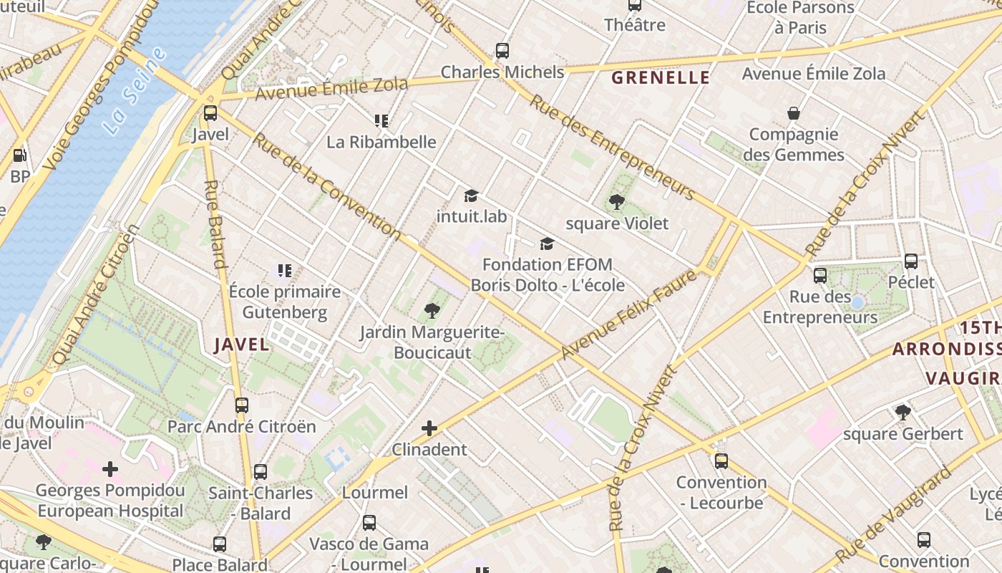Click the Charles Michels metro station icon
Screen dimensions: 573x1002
pos(502,51)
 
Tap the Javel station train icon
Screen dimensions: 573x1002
pos(210,113)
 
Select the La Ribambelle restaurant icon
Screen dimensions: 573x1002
pos(381,121)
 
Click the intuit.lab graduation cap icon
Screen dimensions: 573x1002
pos(471,196)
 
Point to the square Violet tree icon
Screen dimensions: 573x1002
pos(616,202)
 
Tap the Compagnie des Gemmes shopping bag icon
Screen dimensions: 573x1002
pos(794,113)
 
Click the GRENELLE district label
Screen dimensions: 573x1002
pos(661,78)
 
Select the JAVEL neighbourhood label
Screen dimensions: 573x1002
pos(242,345)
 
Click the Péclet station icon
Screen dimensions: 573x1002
pos(911,261)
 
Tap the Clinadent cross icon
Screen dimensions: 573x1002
pos(429,429)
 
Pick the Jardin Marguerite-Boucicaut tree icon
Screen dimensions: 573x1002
pos(432,311)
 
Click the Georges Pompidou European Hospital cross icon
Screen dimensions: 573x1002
pos(110,469)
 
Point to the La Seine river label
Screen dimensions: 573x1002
pos(135,91)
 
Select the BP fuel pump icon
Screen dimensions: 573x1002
pos(20,155)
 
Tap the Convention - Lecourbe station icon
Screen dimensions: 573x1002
pos(721,461)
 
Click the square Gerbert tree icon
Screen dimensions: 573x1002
pos(903,413)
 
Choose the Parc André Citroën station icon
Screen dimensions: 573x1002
pos(242,405)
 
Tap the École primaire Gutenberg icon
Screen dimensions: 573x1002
pos(285,271)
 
